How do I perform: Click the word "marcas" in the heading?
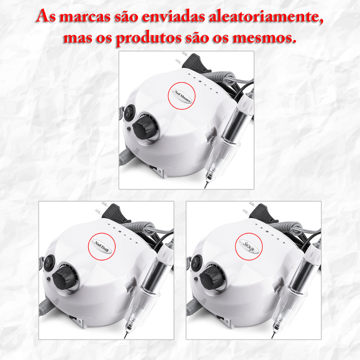(85, 17)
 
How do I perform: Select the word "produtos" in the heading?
(149, 38)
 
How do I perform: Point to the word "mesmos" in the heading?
(264, 38)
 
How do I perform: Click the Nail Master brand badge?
(182, 96)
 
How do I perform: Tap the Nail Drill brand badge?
(102, 246)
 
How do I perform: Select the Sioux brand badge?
(249, 246)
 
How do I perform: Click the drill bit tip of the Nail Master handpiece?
(205, 187)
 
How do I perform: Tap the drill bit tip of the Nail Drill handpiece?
(125, 338)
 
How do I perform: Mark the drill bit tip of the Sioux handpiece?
(272, 338)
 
